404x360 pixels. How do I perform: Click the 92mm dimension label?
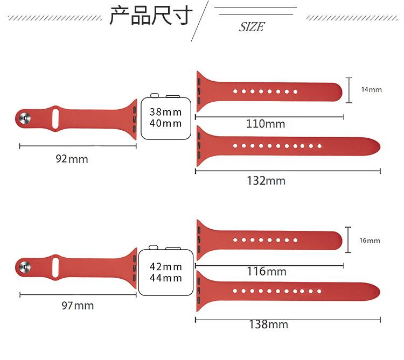pyautogui.click(x=72, y=159)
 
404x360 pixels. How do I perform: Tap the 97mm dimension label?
pyautogui.click(x=77, y=306)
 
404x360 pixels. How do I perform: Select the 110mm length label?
pyautogui.click(x=266, y=124)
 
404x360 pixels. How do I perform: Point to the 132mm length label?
pyautogui.click(x=266, y=180)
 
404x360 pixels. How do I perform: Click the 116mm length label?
pyautogui.click(x=267, y=271)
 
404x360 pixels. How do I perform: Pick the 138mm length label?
pyautogui.click(x=268, y=324)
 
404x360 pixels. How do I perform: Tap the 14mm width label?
pyautogui.click(x=371, y=89)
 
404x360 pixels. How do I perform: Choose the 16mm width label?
pyautogui.click(x=370, y=241)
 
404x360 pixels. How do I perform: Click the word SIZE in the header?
pyautogui.click(x=252, y=27)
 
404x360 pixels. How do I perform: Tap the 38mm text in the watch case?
pyautogui.click(x=165, y=112)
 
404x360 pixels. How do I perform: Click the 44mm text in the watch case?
pyautogui.click(x=165, y=278)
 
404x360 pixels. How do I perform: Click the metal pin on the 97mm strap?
pyautogui.click(x=24, y=265)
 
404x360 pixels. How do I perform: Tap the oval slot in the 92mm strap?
pyautogui.click(x=54, y=118)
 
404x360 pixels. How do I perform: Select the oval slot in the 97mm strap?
pyautogui.click(x=54, y=265)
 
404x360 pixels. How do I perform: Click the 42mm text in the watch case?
pyautogui.click(x=165, y=267)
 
